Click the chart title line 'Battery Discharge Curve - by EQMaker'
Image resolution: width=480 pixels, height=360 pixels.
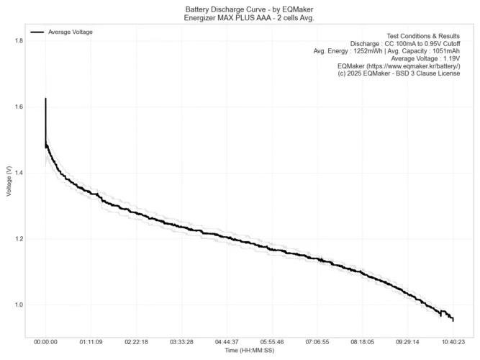tap(240, 9)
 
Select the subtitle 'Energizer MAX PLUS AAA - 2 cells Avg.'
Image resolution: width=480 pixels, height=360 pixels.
tap(240, 17)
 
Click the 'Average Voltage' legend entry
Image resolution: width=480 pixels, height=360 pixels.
tap(70, 32)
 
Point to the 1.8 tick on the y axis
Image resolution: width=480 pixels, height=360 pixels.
tap(19, 41)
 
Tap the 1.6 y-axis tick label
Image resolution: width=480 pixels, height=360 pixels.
tap(19, 107)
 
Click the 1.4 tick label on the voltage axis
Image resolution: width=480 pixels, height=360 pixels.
tap(19, 174)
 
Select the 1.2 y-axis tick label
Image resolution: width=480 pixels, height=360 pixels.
tap(19, 239)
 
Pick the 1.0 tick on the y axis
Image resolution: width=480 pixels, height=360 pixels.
tap(19, 305)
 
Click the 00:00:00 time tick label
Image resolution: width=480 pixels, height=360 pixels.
tap(46, 343)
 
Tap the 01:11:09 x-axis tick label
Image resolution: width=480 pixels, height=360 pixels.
tap(91, 343)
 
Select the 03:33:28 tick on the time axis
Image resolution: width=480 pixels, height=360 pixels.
tap(182, 343)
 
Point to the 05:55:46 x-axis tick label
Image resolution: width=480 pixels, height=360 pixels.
tap(272, 343)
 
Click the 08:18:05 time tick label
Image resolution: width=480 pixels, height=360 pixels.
tap(363, 343)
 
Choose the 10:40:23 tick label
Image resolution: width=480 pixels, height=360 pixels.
tap(453, 343)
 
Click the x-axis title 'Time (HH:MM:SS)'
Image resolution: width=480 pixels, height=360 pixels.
tap(250, 351)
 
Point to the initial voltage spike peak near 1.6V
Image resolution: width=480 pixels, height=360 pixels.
tap(46, 99)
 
